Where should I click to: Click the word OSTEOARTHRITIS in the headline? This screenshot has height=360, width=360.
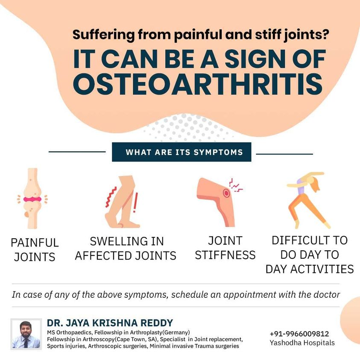click(x=198, y=84)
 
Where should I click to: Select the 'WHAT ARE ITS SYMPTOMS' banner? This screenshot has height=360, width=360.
click(x=181, y=152)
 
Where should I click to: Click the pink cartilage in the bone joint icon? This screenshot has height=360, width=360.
click(x=32, y=199)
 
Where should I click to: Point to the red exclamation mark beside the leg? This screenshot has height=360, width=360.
click(x=136, y=202)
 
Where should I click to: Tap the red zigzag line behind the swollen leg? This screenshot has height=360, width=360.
click(x=111, y=197)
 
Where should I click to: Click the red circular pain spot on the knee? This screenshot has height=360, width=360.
click(x=226, y=193)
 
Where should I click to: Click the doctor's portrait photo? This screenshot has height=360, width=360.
click(x=26, y=334)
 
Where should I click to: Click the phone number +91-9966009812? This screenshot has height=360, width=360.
click(x=299, y=334)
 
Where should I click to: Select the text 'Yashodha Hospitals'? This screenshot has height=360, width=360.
click(x=302, y=342)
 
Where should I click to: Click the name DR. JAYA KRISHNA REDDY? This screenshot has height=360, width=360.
click(x=110, y=323)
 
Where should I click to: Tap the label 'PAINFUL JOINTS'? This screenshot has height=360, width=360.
click(x=35, y=249)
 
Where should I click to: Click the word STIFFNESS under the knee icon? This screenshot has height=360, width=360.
click(x=225, y=255)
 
